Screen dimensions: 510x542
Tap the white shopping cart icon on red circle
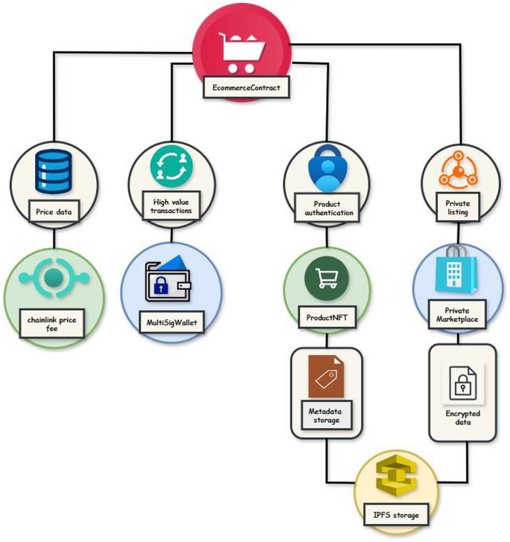[x=242, y=53]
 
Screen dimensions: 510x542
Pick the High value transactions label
[x=171, y=205]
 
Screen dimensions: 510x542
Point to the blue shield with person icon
[x=326, y=169]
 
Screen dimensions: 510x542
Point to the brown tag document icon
[x=326, y=377]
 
